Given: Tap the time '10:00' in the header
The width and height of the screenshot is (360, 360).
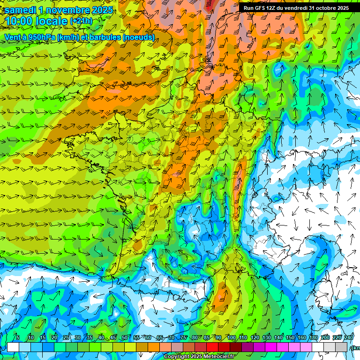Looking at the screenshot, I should click(x=19, y=21).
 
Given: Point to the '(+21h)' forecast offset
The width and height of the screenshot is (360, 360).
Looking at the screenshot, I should click(x=81, y=21).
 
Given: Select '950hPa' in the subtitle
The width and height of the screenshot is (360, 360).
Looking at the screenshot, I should click(x=48, y=37).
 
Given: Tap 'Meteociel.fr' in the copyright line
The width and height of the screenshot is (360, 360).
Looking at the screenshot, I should click(x=217, y=357).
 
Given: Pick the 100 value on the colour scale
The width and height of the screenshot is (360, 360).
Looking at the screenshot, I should click(x=232, y=338).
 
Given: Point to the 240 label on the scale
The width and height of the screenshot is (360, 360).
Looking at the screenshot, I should click(x=348, y=338).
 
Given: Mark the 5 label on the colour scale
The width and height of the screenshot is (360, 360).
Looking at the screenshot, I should click(x=18, y=338).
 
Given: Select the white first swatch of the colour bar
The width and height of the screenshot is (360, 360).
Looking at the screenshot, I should click(x=13, y=347).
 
